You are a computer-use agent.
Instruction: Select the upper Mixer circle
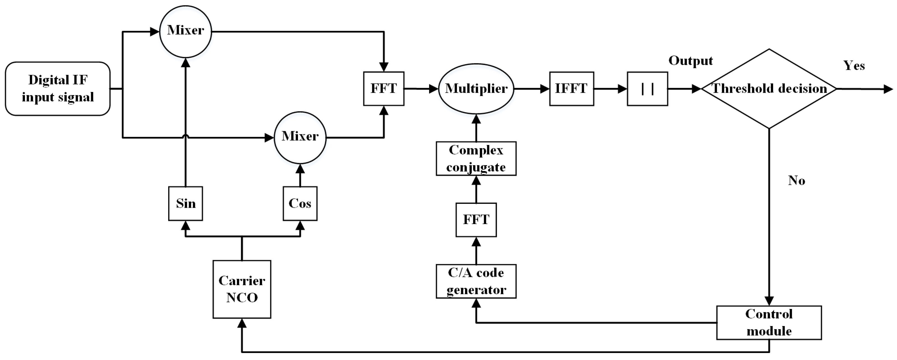185,31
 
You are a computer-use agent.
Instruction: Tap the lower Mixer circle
300,137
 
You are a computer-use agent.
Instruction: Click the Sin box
185,203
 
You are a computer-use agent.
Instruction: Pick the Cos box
300,203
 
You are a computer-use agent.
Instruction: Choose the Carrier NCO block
242,289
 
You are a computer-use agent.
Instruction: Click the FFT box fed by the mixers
383,88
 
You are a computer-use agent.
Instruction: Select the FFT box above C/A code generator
476,220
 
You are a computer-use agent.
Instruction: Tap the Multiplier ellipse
476,88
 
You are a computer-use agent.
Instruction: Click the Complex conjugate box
476,158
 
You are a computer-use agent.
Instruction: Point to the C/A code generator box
476,281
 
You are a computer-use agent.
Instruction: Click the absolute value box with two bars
647,88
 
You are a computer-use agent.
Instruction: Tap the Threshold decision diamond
769,88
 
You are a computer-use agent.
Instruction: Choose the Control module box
769,322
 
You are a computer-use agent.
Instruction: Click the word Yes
854,65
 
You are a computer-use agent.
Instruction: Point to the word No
796,180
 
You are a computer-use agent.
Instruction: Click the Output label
690,61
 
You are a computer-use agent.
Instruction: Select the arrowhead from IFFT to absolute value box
622,89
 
